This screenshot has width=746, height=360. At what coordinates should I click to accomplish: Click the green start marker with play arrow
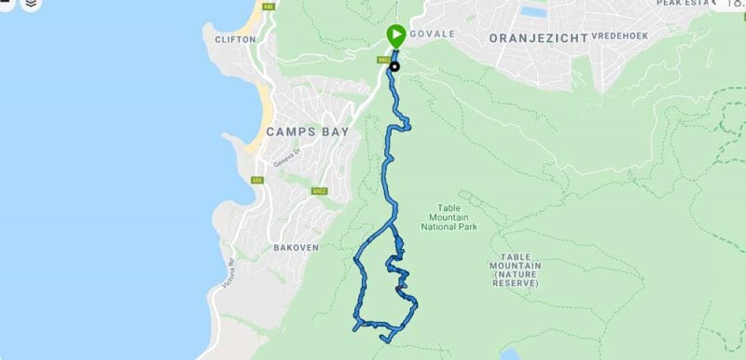tap(395, 36)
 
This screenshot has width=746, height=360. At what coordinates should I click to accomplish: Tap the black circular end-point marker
tap(394, 65)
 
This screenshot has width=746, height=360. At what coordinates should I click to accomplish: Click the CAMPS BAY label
tap(308, 132)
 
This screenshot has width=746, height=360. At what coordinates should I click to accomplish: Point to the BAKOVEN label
tap(297, 247)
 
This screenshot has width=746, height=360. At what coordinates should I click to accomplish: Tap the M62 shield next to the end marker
tap(382, 61)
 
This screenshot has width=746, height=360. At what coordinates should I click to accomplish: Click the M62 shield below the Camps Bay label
tap(319, 191)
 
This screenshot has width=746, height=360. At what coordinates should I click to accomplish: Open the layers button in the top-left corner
tap(32, 5)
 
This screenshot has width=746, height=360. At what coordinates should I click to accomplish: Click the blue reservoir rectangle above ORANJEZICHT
tap(533, 13)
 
